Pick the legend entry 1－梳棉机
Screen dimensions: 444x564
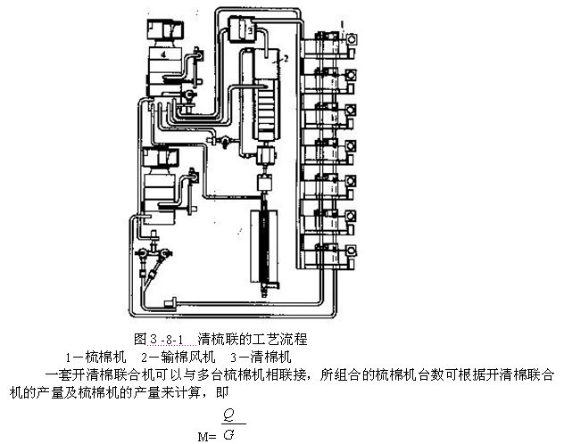pos(91,358)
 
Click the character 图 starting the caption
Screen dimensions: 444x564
pos(139,340)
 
